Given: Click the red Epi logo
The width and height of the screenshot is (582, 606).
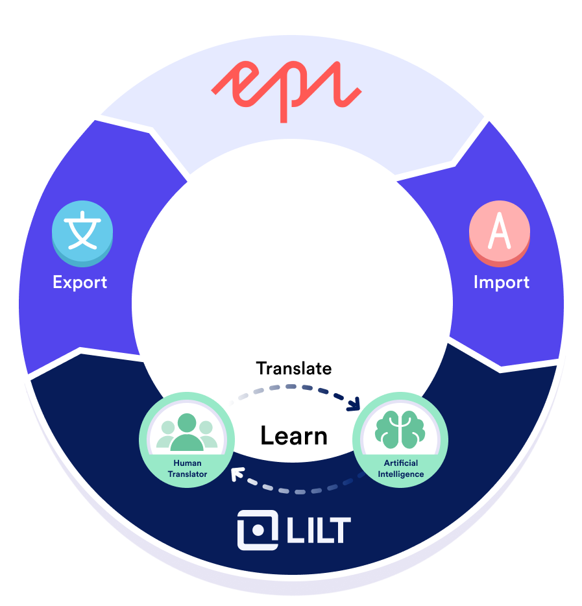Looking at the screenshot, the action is (286, 91).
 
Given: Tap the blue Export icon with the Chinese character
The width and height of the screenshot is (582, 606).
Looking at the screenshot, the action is (82, 234).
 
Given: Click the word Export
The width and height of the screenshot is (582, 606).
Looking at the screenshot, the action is (80, 282).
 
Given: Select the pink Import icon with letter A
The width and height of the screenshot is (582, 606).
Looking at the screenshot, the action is (500, 234).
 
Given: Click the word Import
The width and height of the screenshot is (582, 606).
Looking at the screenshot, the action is (502, 282).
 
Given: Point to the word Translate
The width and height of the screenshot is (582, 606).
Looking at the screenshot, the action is (294, 369).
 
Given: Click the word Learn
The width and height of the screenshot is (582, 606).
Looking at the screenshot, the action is (294, 435).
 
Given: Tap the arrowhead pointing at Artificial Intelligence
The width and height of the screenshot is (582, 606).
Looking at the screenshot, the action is (354, 404).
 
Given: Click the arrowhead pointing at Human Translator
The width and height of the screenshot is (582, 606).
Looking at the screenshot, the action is (237, 474).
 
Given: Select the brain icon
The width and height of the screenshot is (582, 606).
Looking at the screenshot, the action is (400, 429).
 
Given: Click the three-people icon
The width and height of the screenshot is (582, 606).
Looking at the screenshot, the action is (187, 433).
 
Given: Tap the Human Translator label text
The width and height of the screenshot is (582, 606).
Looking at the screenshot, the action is (188, 468).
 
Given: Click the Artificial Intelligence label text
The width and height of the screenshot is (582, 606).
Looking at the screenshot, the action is (401, 468).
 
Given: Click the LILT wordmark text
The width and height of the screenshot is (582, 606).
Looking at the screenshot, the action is (319, 530).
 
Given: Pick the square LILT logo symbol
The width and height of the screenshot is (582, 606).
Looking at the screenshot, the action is (258, 530).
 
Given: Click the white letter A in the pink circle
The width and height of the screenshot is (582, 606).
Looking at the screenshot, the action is (500, 230).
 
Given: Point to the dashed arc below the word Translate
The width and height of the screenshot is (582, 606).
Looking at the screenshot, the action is (294, 387).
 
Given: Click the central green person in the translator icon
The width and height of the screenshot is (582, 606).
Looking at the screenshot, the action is (187, 432).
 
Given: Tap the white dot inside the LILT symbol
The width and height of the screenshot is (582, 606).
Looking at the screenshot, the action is (258, 530).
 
